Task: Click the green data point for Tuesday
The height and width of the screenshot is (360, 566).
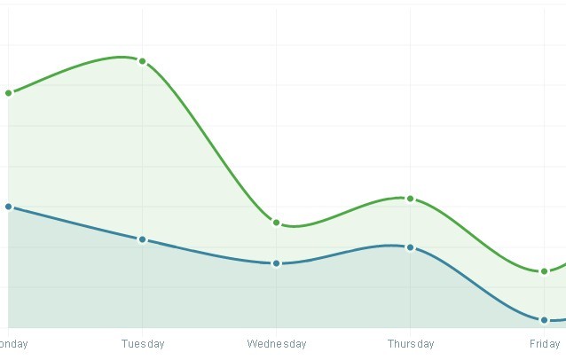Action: (143, 61)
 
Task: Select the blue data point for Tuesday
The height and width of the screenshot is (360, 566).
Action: (143, 239)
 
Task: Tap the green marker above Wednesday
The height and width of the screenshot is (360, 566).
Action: (277, 223)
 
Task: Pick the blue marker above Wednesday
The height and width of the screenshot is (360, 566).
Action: (277, 263)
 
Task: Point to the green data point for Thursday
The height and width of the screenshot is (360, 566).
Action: (410, 199)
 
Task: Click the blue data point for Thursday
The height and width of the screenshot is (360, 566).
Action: (410, 247)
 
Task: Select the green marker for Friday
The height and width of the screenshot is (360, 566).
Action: (544, 271)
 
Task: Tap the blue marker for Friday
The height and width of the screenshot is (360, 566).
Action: (544, 320)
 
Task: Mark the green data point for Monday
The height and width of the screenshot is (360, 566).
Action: (9, 93)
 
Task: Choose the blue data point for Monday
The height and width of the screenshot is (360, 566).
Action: (9, 207)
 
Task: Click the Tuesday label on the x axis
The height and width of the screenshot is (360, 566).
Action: (143, 344)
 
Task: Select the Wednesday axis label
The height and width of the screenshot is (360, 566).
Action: (277, 344)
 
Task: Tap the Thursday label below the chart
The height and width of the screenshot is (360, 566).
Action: (411, 344)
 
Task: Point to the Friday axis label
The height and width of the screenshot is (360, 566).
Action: (545, 344)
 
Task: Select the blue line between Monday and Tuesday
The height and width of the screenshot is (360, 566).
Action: (75, 223)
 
